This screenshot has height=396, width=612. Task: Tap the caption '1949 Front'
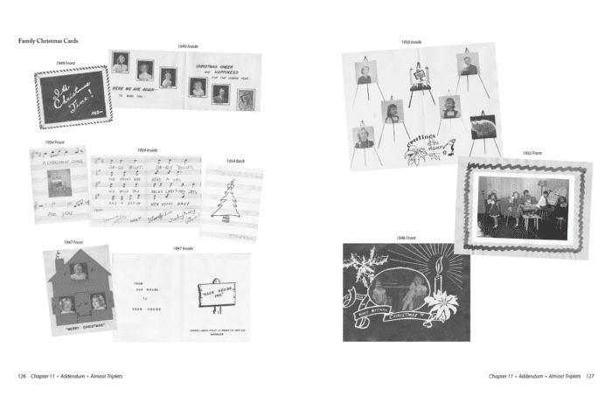pos(66,63)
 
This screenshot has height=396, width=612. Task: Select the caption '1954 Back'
pos(236,161)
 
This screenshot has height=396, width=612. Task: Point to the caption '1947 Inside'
pos(182,248)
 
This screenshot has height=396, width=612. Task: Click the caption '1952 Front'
pos(533,153)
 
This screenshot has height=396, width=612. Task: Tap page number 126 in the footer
pos(24,376)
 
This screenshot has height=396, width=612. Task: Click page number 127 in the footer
pos(589,376)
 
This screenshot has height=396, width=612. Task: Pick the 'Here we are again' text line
pos(138,87)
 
